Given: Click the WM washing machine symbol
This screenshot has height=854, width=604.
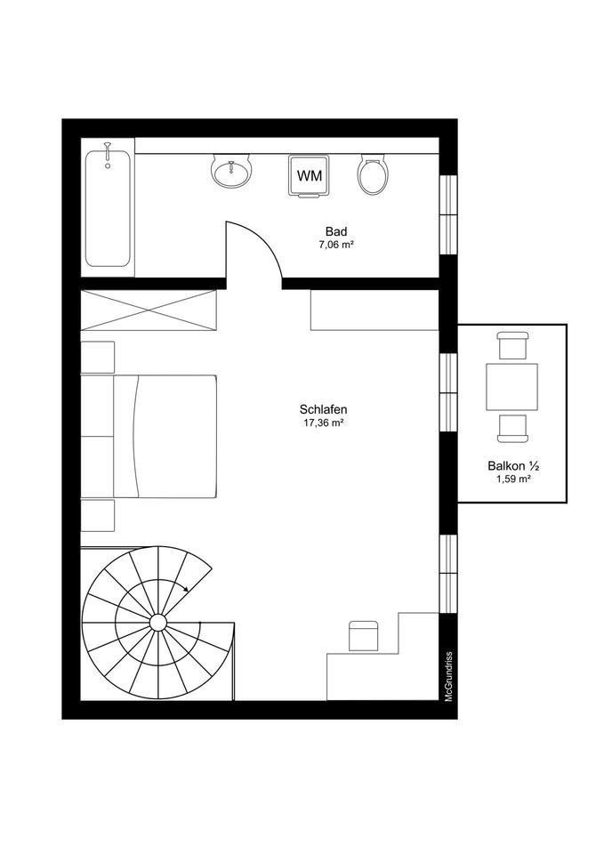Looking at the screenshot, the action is (x=310, y=176).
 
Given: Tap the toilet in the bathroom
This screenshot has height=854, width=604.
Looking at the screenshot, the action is (x=373, y=173).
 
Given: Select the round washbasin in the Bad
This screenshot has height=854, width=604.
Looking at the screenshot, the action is (x=231, y=171).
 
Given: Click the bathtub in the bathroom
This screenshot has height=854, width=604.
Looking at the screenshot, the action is (x=108, y=208).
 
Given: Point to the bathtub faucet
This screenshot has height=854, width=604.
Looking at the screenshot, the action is (x=108, y=154).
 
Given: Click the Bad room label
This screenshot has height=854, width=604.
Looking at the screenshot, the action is (x=336, y=231).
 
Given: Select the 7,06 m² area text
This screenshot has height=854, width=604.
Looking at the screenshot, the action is (x=336, y=246).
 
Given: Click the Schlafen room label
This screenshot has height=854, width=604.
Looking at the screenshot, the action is (x=323, y=409).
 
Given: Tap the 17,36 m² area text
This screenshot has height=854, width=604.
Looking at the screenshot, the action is (x=323, y=423).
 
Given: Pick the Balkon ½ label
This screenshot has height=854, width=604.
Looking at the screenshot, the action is (x=513, y=466).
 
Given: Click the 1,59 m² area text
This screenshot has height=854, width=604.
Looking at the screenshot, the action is (x=513, y=479).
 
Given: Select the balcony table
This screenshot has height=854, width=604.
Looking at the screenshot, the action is (x=512, y=387).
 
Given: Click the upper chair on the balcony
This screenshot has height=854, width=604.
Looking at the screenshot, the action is (x=513, y=345).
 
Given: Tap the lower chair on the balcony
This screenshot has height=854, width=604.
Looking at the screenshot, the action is (x=512, y=429).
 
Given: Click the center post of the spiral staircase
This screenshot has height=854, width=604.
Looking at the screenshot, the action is (x=158, y=622).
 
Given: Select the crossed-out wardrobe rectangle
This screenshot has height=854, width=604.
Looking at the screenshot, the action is (x=149, y=310).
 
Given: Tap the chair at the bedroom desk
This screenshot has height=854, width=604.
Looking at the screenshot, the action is (x=364, y=635).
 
